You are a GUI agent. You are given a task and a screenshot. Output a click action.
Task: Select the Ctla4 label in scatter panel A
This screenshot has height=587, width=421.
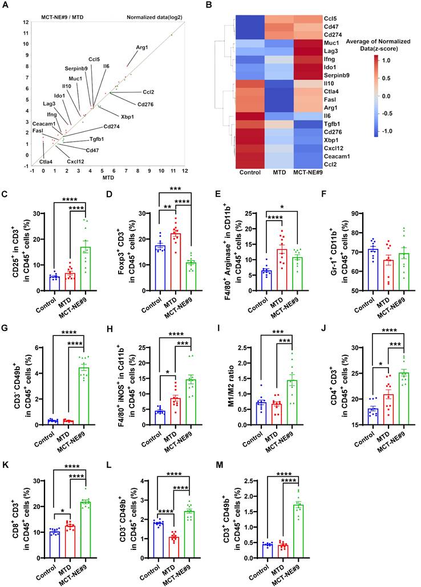tap(46, 161)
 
